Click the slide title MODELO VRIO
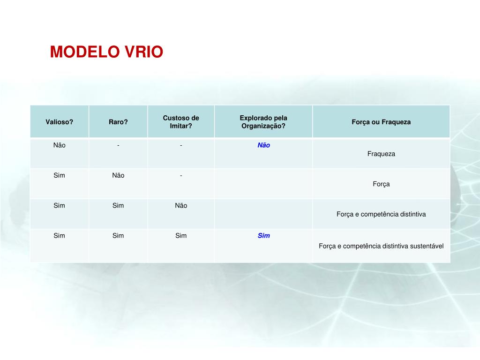coord(106,52)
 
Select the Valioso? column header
coord(59,122)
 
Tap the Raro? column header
coord(118,122)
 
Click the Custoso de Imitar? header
coord(181,122)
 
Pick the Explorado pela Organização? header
coord(263,122)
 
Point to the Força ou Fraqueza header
coord(381,122)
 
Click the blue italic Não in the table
coord(264,145)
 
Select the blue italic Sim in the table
coord(264,236)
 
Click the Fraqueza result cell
coord(381,154)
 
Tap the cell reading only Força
coord(381,184)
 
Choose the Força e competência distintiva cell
coord(381,214)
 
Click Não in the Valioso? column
coord(60,145)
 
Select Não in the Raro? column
coord(118,175)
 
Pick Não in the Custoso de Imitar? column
coord(181,205)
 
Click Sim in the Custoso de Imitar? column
coord(181,236)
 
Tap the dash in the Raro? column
coord(118,145)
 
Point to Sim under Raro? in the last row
coord(118,236)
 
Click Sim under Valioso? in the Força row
coord(60,175)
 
